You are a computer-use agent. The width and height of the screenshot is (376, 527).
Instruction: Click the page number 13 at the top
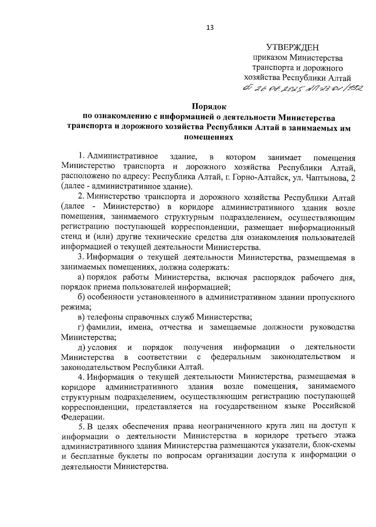tap(210, 28)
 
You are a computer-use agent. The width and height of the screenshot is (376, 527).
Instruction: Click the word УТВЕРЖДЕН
tap(292, 48)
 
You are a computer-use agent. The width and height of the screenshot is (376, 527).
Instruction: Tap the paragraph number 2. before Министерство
tap(81, 197)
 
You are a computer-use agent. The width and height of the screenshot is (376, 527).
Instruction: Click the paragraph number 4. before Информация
tap(81, 377)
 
